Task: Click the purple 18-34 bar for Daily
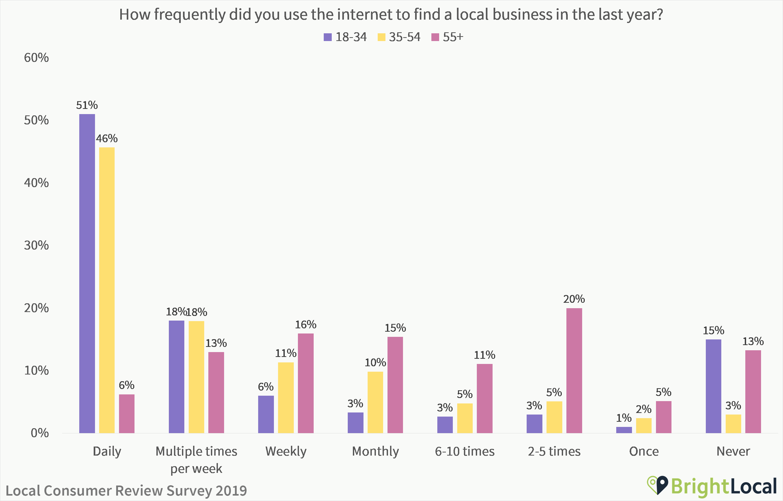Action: [x=87, y=273]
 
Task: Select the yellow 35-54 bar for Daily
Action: [x=107, y=290]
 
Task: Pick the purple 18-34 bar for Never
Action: [x=713, y=386]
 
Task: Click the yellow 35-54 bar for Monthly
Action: [x=375, y=402]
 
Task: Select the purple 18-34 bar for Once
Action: [x=624, y=430]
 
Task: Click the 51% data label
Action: [x=87, y=105]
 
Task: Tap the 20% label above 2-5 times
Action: [x=574, y=299]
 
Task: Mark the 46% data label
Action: [x=107, y=139]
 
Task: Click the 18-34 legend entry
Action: [x=345, y=37]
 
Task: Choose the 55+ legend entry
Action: [x=447, y=37]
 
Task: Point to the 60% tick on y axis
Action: [x=36, y=58]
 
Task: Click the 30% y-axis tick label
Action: [x=36, y=245]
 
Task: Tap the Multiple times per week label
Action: [x=196, y=459]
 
